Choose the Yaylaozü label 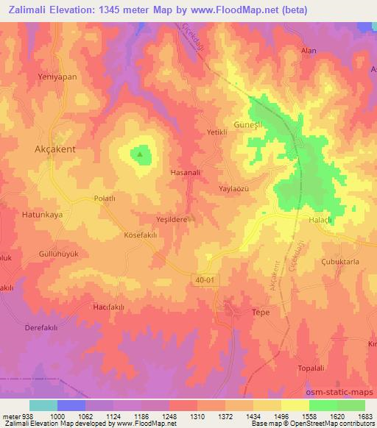point(236,189)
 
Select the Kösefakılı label point(141,235)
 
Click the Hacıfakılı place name point(110,305)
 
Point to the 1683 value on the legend point(366,416)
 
